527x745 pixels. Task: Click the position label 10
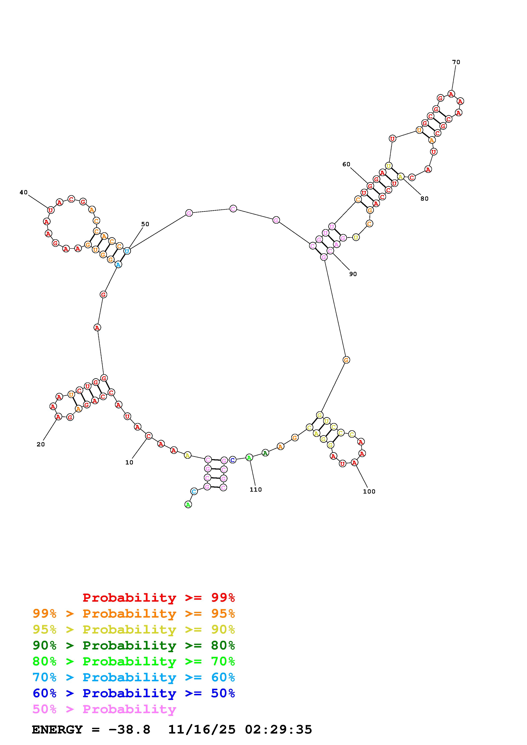(x=129, y=462)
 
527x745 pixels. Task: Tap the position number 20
(x=41, y=444)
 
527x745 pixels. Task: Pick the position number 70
(x=456, y=62)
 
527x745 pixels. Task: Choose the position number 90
(x=353, y=274)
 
